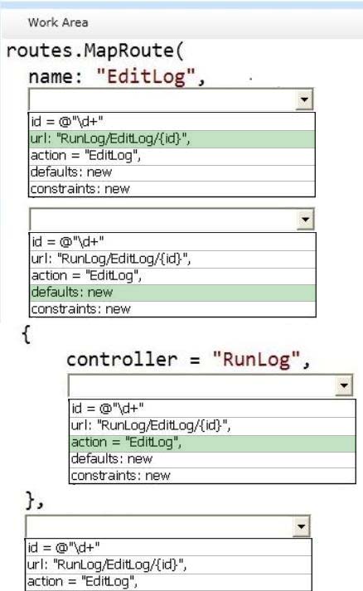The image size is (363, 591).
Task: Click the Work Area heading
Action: click(x=58, y=22)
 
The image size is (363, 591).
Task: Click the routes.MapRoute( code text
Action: click(x=95, y=51)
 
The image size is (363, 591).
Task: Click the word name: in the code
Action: click(x=56, y=77)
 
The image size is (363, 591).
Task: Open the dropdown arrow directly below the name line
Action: click(x=304, y=99)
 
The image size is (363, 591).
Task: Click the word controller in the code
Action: click(x=122, y=359)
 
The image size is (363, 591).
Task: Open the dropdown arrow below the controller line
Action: click(x=344, y=385)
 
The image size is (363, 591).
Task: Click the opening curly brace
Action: click(x=27, y=334)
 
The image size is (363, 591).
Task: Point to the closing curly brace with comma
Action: click(x=35, y=500)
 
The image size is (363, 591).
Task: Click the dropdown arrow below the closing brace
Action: click(x=301, y=526)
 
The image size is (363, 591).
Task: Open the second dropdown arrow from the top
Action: click(x=305, y=220)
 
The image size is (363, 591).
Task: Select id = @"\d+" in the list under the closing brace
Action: click(x=64, y=547)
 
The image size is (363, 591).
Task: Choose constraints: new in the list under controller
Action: click(x=121, y=476)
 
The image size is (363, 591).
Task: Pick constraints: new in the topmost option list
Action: click(x=80, y=188)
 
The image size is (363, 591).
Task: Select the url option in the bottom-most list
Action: click(x=107, y=564)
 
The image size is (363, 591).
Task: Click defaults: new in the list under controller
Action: click(x=112, y=458)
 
